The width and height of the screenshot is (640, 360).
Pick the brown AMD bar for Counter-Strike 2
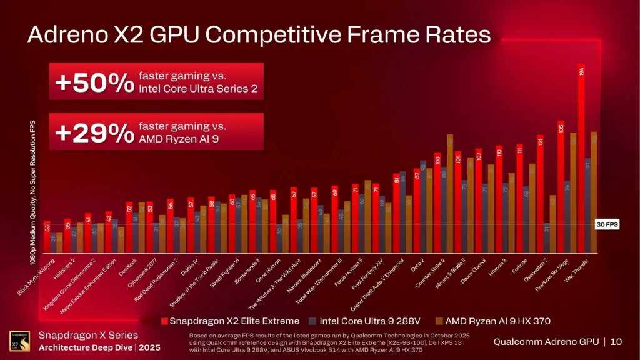click(x=450, y=194)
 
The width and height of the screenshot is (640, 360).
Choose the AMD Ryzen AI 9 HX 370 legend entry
click(x=494, y=321)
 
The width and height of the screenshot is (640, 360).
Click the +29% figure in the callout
click(x=94, y=133)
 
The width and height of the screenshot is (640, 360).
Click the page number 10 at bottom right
click(x=616, y=341)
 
